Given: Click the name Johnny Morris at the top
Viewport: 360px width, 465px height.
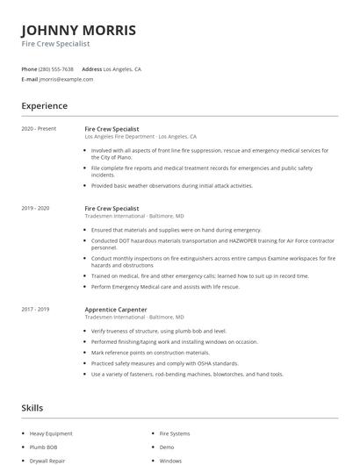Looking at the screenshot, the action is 78,30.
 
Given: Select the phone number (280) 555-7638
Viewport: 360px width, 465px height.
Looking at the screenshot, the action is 57,68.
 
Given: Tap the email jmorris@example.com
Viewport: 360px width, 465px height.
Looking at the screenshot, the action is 66,79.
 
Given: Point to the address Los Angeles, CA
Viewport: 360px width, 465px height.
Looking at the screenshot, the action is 122,68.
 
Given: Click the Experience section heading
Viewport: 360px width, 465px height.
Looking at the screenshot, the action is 44,106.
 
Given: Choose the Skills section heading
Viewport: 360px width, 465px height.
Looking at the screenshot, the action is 32,408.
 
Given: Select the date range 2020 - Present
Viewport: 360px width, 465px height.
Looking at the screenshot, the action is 39,129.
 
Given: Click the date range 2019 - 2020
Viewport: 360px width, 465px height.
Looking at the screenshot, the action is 35,209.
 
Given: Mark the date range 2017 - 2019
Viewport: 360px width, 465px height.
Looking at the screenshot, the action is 35,309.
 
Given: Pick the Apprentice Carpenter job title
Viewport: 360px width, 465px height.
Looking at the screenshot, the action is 117,309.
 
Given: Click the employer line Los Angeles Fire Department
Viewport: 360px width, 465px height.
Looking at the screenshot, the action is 140,137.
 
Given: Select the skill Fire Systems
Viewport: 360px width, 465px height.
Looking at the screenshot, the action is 174,433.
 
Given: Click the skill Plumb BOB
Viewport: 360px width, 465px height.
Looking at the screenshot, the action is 43,447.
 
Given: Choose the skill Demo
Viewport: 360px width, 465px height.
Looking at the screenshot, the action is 167,447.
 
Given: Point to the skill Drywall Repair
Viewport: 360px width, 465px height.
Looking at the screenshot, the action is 47,460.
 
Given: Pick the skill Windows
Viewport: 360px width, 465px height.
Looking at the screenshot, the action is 170,460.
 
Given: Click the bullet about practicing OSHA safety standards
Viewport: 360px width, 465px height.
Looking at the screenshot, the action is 164,363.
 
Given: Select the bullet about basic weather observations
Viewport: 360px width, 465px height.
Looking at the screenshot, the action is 171,186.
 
